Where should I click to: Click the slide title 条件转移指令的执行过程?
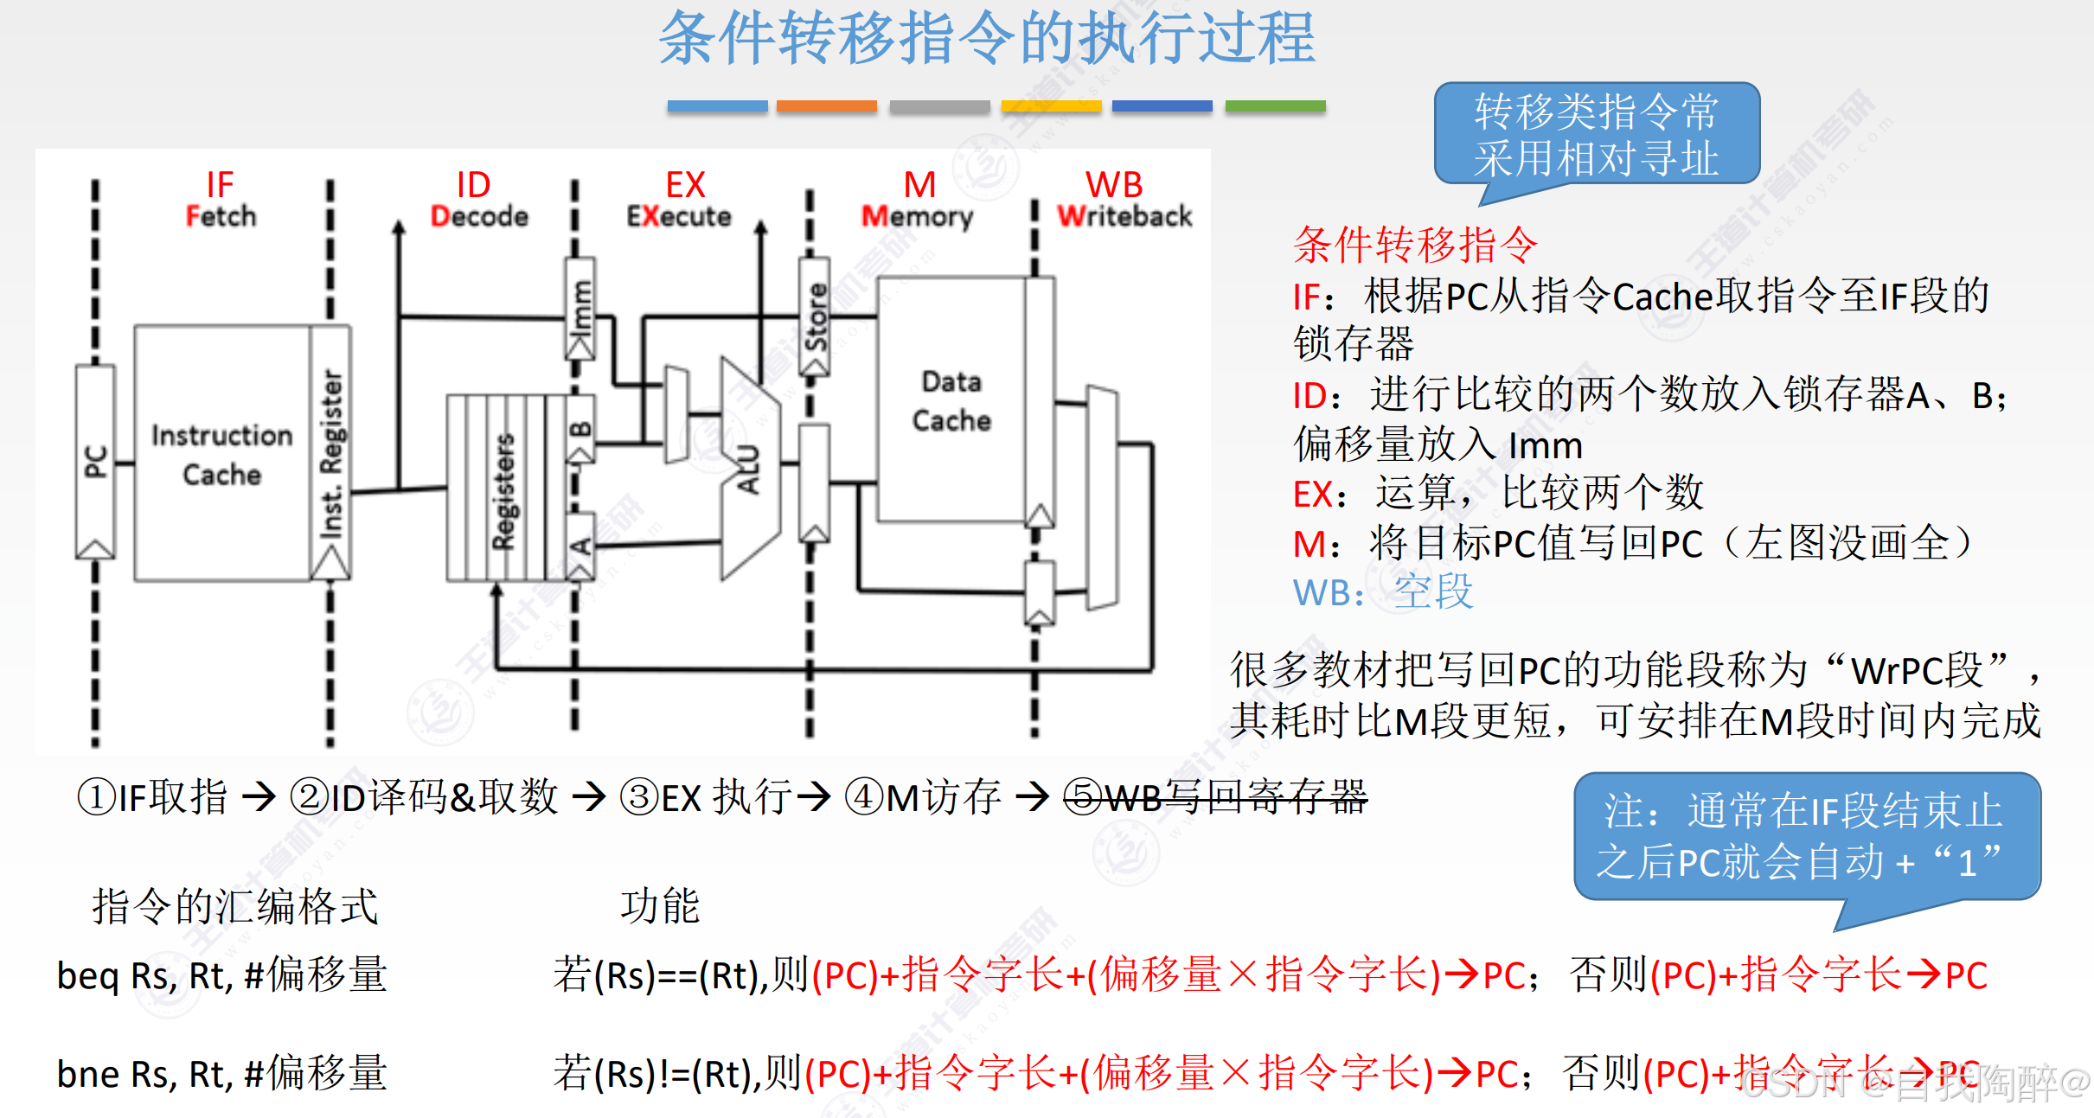click(987, 39)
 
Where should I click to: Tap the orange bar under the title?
click(826, 106)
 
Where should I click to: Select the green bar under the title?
click(1275, 106)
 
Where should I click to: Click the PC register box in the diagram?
click(95, 461)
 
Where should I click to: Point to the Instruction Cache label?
click(221, 455)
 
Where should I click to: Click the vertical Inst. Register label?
click(331, 454)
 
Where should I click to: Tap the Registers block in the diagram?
click(503, 489)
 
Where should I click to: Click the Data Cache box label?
click(951, 400)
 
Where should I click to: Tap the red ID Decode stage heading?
click(477, 200)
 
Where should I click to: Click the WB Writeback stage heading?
click(1123, 200)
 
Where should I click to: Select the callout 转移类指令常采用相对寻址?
click(1596, 135)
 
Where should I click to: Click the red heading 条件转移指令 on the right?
click(1414, 245)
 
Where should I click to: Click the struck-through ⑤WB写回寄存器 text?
click(1214, 796)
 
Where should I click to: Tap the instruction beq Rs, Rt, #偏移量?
click(221, 975)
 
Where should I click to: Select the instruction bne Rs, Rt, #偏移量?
click(221, 1074)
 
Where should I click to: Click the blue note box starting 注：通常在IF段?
click(1806, 837)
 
